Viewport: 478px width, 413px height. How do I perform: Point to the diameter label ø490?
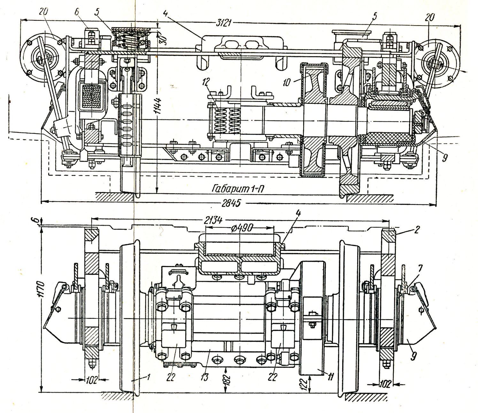pos(241,228)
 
